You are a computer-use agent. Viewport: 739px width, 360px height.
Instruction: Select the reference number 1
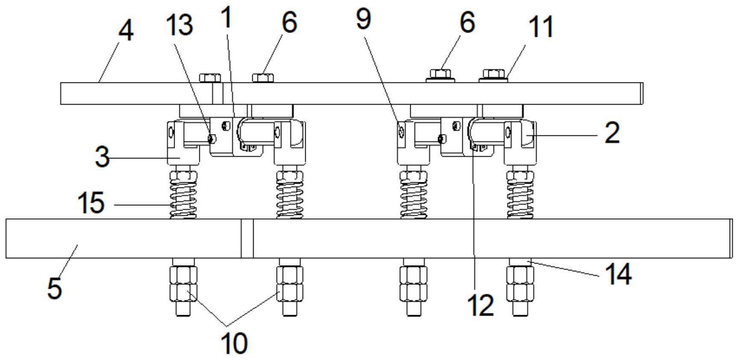[x=227, y=17]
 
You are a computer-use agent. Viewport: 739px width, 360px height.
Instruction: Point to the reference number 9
[x=363, y=19]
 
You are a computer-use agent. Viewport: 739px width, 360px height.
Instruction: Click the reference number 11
[x=541, y=26]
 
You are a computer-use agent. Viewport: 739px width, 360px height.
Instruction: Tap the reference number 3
[x=102, y=157]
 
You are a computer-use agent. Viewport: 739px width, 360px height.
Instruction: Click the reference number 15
[x=91, y=202]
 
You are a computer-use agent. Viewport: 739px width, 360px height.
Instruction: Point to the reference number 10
[x=234, y=342]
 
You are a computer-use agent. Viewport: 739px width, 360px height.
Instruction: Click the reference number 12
[x=481, y=305]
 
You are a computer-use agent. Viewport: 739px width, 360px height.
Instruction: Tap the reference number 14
[x=618, y=274]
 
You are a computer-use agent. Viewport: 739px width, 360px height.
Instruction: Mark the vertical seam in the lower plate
[x=247, y=239]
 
